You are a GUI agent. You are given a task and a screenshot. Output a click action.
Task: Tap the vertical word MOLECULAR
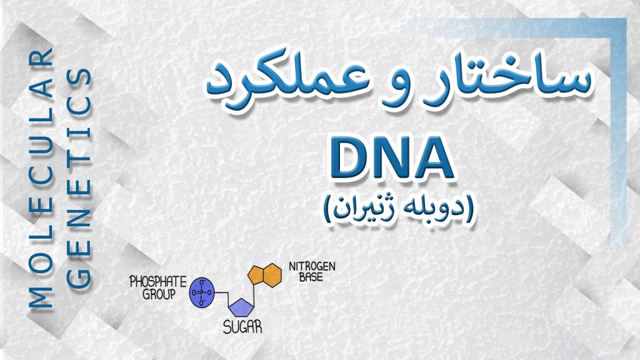[41, 178]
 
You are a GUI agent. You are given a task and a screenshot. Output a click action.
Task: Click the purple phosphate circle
[202, 292]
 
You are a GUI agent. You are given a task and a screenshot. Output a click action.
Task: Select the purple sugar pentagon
[242, 307]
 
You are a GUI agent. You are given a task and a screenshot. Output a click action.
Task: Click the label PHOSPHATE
[158, 282]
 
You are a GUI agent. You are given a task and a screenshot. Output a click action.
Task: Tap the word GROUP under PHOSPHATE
[159, 294]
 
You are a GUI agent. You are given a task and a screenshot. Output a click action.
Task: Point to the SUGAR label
[242, 327]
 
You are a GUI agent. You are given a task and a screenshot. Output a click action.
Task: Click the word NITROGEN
[312, 266]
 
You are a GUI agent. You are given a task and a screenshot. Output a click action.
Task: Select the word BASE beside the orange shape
[311, 277]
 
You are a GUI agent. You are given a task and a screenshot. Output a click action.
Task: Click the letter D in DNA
[350, 159]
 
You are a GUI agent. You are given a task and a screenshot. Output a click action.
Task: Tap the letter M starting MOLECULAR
[41, 297]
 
